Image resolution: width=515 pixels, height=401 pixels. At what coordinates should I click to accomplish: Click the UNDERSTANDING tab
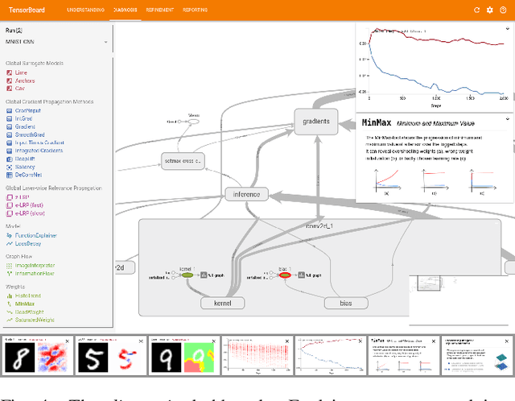pyautogui.click(x=85, y=10)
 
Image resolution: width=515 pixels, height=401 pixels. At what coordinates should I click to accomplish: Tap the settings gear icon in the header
pyautogui.click(x=490, y=10)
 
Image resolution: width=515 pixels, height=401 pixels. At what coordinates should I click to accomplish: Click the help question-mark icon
pyautogui.click(x=503, y=10)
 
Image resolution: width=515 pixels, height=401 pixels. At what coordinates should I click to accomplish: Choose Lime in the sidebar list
pyautogui.click(x=19, y=72)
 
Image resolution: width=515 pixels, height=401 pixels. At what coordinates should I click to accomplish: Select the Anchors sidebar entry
pyautogui.click(x=24, y=81)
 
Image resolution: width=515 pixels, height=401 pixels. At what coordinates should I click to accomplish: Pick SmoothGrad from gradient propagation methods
pyautogui.click(x=28, y=135)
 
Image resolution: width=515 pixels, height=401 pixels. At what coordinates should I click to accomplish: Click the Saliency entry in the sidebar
pyautogui.click(x=25, y=167)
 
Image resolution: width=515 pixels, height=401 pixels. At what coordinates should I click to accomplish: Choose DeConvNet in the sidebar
pyautogui.click(x=27, y=175)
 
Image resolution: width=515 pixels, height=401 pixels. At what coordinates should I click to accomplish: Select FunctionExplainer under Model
pyautogui.click(x=33, y=236)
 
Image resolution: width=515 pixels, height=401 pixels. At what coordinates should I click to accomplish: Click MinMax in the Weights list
pyautogui.click(x=25, y=304)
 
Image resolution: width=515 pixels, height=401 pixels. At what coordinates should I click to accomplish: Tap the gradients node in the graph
pyautogui.click(x=315, y=121)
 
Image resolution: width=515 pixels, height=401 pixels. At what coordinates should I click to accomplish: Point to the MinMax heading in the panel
pyautogui.click(x=377, y=122)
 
